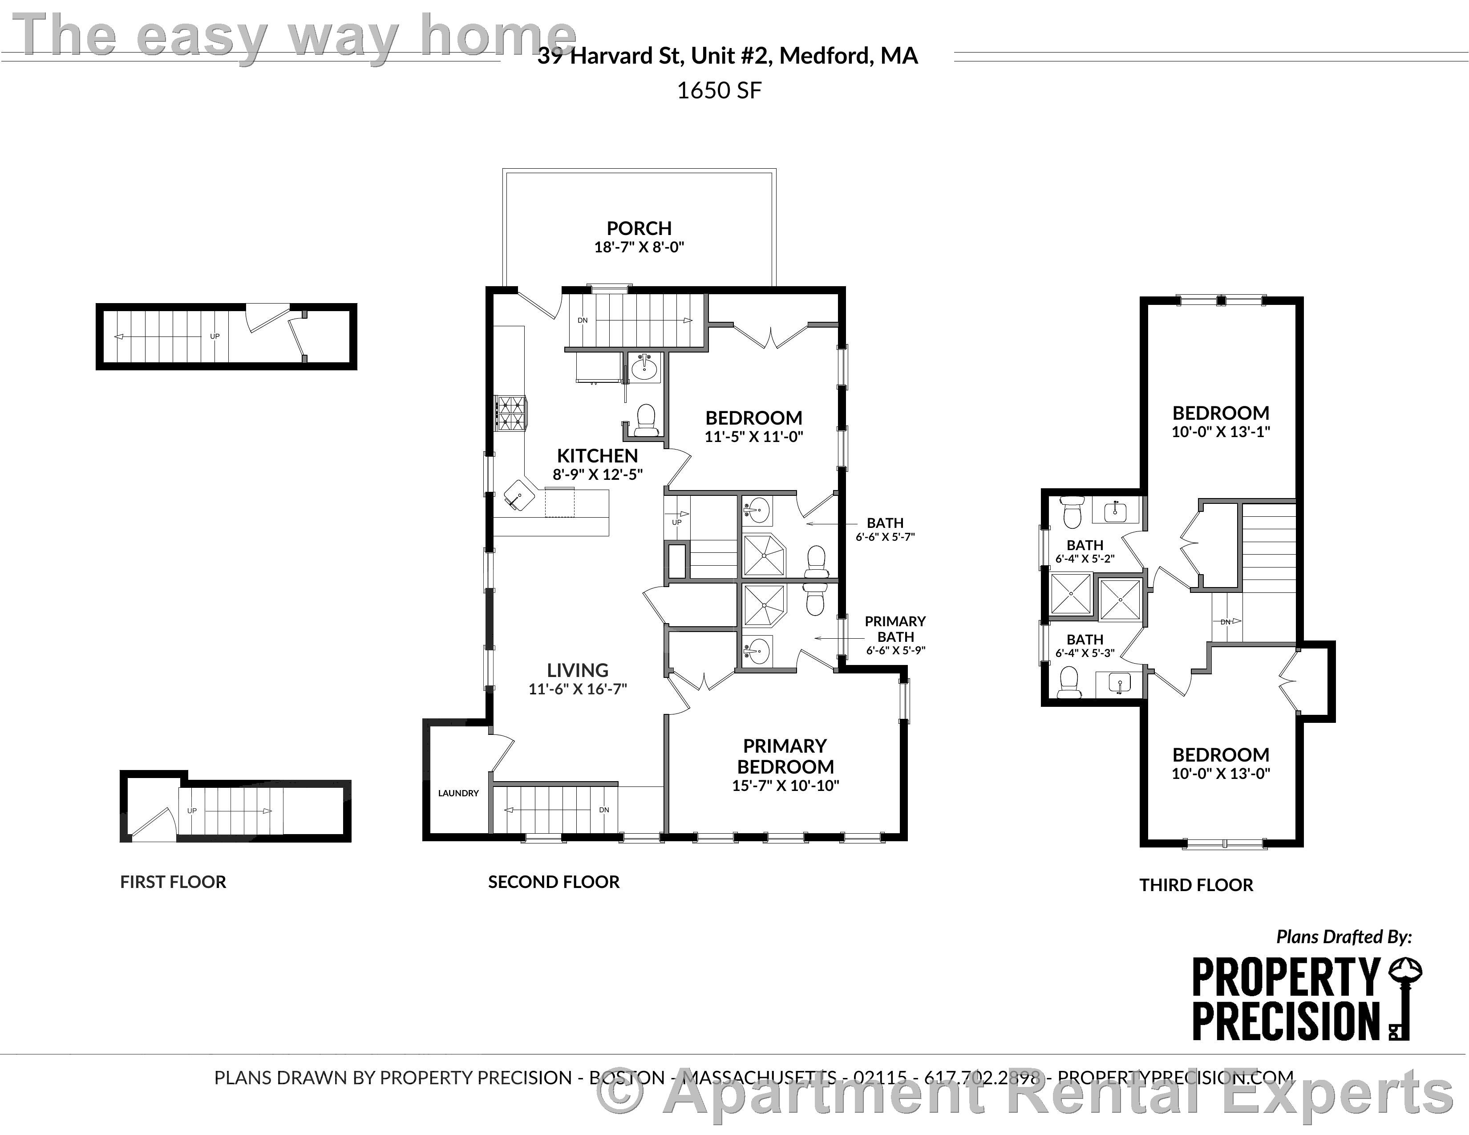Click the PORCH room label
[639, 228]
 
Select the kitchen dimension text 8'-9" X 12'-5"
[597, 474]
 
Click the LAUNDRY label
[458, 793]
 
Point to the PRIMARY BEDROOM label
[785, 756]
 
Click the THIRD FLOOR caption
[1196, 885]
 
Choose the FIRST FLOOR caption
[173, 882]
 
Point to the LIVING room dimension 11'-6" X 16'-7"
[577, 689]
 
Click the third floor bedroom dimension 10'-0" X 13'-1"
[1220, 432]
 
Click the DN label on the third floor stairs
[1226, 622]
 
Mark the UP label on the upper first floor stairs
[214, 336]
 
